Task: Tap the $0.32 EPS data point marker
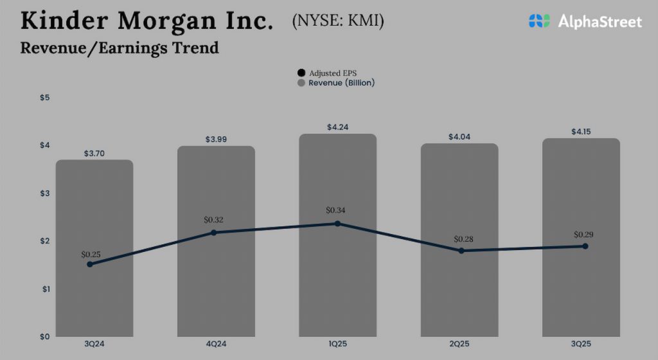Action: pos(214,232)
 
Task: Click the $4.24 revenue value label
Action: pos(337,127)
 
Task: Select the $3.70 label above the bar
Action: pos(94,154)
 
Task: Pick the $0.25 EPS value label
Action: pos(91,255)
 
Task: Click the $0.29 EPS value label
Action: pos(583,235)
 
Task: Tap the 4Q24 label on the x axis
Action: pos(216,345)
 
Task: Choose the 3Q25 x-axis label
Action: pos(581,345)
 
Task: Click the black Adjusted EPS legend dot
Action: pos(301,73)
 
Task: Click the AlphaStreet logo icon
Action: pos(540,21)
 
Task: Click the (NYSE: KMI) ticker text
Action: pos(338,21)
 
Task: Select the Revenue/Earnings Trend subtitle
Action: pos(120,48)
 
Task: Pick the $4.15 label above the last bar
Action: pos(581,132)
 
